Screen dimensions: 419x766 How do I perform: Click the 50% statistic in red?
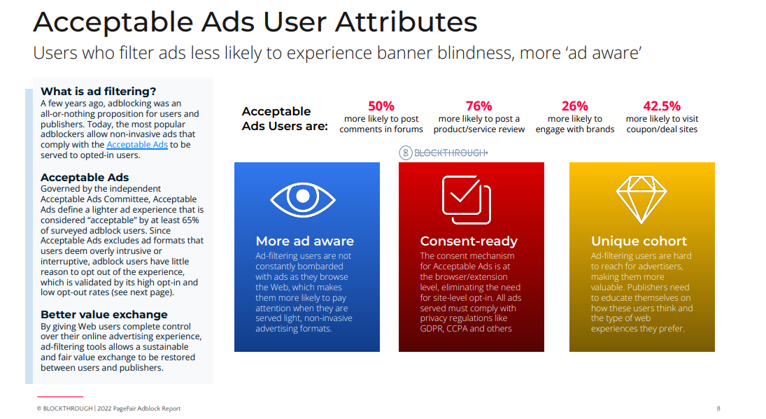pos(381,106)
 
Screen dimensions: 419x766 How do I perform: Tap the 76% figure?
pos(478,106)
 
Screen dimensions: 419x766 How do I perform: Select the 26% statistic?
pos(574,106)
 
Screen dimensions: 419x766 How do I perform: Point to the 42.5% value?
pos(662,106)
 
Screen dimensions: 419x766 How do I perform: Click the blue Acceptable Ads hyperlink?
pos(137,145)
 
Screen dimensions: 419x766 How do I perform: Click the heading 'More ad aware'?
pos(305,241)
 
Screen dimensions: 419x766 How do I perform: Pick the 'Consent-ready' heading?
pos(469,241)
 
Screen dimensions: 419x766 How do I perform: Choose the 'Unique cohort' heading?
pos(639,241)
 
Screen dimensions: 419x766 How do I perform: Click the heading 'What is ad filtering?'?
pos(99,92)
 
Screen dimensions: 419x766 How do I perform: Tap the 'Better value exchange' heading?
pos(104,314)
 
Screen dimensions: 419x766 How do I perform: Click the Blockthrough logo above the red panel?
pos(444,152)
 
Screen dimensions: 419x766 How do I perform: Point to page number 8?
pos(718,409)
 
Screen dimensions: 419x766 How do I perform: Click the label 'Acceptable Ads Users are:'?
pos(284,118)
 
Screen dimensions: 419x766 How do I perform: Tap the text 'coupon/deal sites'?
pos(662,129)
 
